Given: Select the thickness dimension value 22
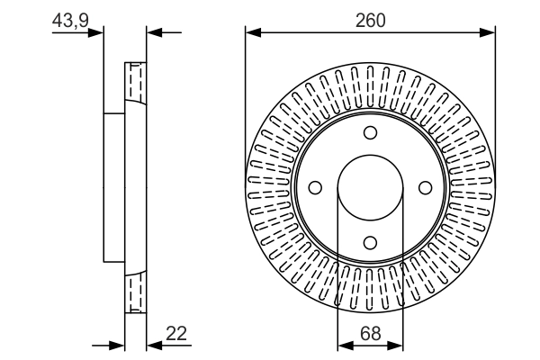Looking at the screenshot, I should click(176, 334).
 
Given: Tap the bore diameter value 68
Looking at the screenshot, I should click(370, 334).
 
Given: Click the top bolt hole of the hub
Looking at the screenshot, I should click(370, 133).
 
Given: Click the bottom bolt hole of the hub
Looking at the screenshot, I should click(370, 241).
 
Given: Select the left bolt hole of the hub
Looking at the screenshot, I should click(316, 187).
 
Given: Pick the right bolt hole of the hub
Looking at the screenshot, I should click(424, 187).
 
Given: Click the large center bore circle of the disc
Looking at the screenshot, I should click(370, 187).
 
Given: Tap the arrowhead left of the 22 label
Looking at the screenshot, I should click(153, 344).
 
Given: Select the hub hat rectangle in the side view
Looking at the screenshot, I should click(113, 187).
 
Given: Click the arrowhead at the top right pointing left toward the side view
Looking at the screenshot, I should click(153, 33).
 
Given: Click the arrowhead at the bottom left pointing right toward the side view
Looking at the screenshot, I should click(116, 344).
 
